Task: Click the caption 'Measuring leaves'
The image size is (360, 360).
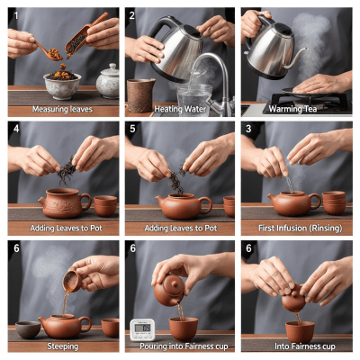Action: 63,109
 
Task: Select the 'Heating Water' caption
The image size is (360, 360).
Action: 179,109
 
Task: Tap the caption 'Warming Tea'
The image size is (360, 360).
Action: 296,109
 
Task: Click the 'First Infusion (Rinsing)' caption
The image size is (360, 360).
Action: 296,228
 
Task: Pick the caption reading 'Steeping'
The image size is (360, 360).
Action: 63,345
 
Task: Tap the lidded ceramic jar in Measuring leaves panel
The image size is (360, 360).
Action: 108,81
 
